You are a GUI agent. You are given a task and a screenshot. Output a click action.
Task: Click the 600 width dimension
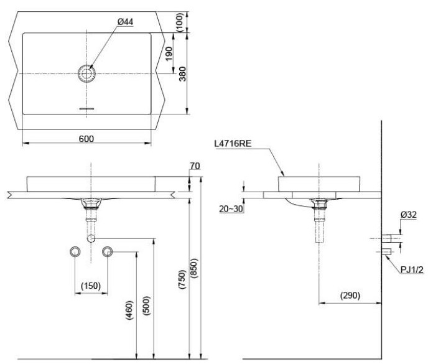tap(86, 139)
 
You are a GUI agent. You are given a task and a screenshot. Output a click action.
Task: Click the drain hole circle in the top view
tap(86, 73)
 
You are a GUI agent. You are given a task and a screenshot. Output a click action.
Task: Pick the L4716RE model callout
tap(231, 144)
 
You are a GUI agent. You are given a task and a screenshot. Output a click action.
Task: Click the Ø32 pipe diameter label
tap(408, 215)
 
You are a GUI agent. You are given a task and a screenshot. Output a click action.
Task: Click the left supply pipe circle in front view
tap(75, 251)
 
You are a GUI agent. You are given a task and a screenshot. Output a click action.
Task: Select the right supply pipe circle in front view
tap(107, 251)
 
